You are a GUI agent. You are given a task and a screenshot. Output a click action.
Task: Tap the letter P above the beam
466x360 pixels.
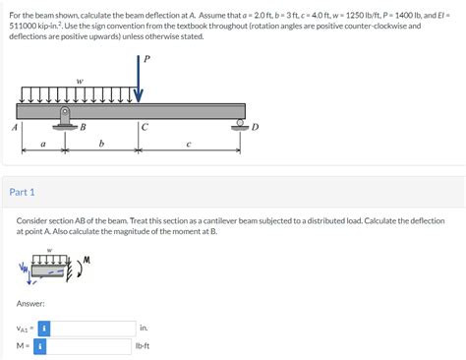147,59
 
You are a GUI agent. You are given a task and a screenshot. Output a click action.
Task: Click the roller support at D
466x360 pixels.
239,125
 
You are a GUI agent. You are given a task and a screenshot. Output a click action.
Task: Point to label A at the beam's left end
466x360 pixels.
14,128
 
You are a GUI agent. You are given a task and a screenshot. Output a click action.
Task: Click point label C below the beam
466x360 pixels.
145,127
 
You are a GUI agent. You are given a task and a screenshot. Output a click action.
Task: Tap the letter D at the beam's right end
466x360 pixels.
255,128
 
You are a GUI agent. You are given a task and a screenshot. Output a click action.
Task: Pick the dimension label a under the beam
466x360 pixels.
42,145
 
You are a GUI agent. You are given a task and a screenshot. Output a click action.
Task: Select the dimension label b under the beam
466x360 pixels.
102,145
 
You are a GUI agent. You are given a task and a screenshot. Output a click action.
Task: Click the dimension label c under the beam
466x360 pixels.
190,145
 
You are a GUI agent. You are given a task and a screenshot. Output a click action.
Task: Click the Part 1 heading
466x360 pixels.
22,192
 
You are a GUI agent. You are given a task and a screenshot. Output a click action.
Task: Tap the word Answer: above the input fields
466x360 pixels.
32,302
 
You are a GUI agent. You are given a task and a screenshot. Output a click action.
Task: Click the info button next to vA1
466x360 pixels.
44,328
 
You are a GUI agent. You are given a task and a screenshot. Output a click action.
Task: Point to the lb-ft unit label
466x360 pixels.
147,346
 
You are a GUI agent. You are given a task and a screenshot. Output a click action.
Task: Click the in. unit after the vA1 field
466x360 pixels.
144,328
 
